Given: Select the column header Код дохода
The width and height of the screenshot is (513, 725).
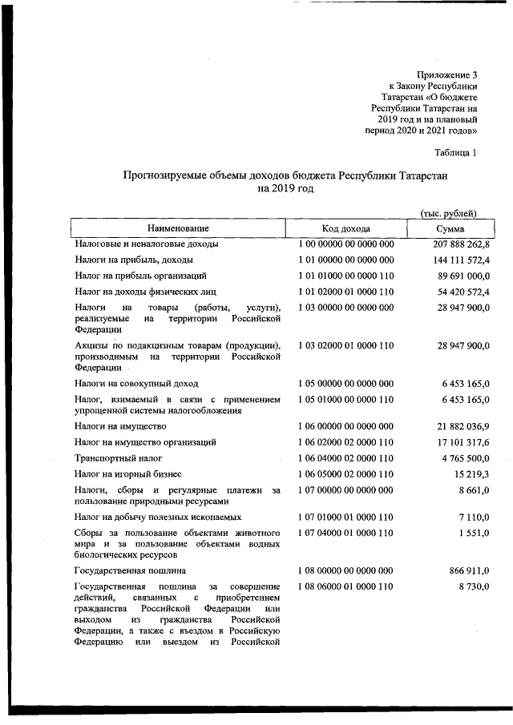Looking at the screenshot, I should [x=346, y=228].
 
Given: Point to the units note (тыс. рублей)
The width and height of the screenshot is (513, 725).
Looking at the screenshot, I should [x=449, y=213].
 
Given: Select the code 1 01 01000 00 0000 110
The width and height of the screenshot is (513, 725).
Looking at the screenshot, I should [x=346, y=276].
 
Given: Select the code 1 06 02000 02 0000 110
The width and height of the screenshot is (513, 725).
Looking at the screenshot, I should [x=346, y=441].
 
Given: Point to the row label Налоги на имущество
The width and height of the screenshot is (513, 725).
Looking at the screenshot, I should [x=121, y=425].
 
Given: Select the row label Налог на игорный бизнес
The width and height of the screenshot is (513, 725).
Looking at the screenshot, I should [x=128, y=474].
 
